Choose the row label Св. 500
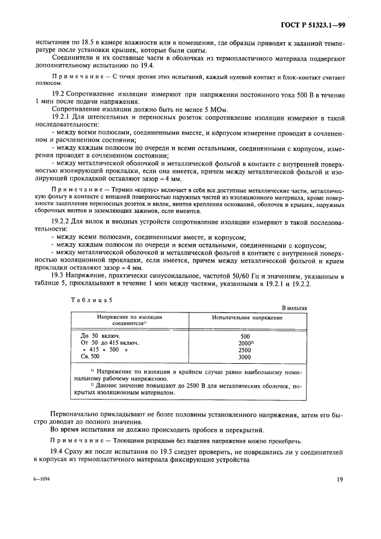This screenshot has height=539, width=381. click(x=89, y=357)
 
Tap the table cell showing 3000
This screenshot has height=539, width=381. click(x=244, y=357)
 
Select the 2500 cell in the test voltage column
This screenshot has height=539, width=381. click(x=244, y=349)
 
